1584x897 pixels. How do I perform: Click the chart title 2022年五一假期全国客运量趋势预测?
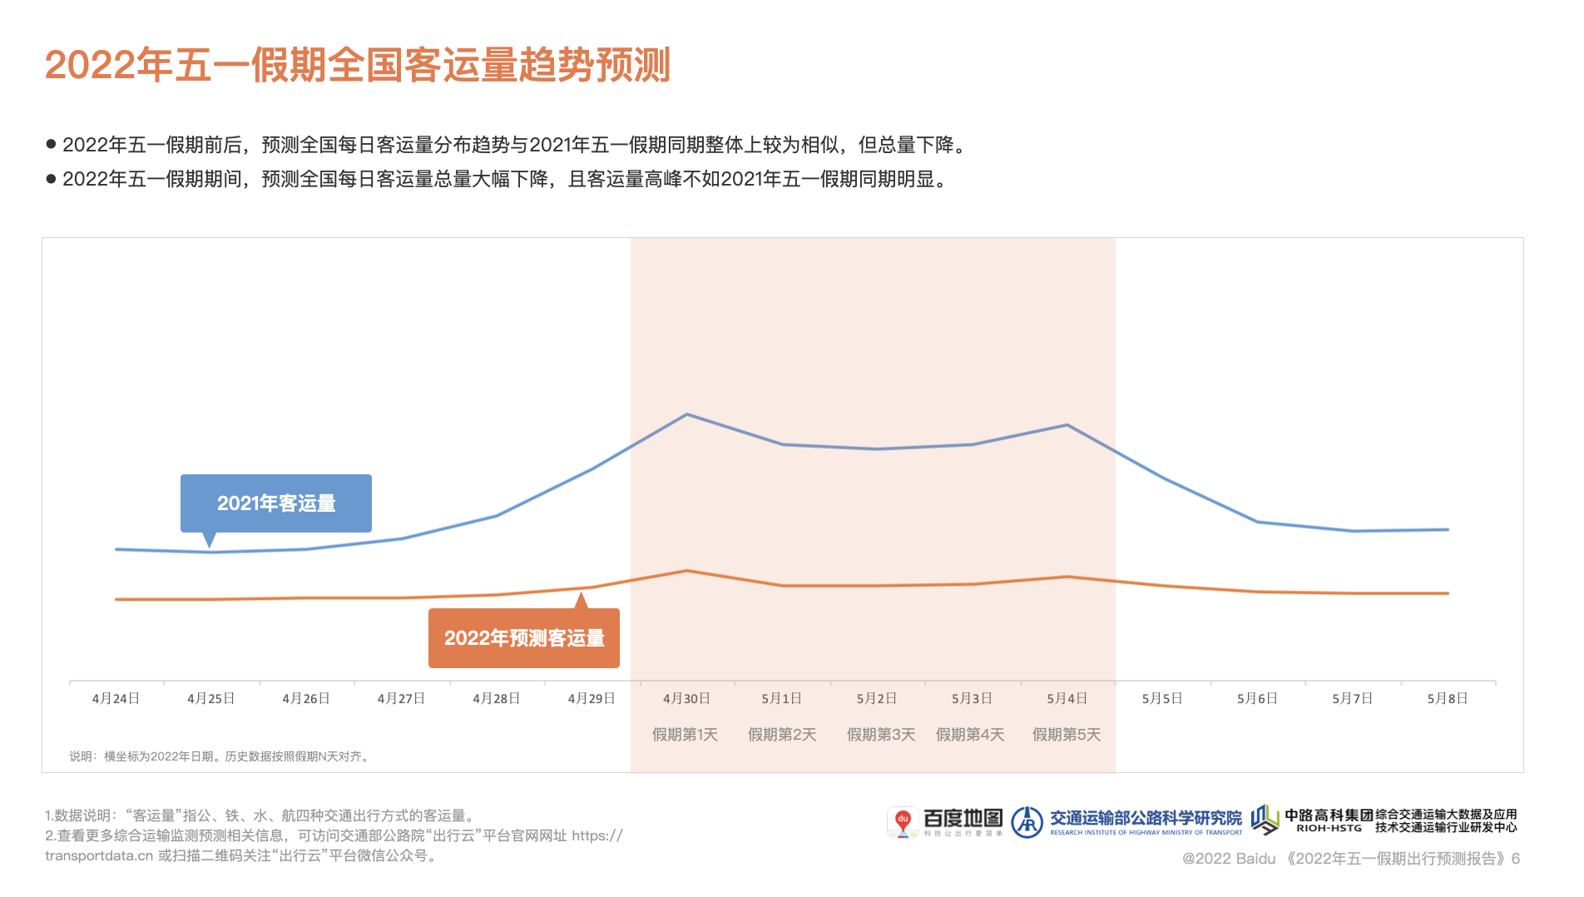[x=357, y=65]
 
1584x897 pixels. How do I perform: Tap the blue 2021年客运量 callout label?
[x=276, y=503]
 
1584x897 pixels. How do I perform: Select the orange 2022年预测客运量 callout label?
[x=524, y=638]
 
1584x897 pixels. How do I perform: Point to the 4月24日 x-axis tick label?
[x=116, y=699]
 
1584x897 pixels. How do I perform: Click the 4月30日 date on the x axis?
[x=686, y=699]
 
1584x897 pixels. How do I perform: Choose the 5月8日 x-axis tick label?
[x=1448, y=699]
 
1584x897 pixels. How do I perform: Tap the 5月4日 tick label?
[x=1067, y=699]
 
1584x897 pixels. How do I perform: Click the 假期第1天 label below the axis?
[x=685, y=735]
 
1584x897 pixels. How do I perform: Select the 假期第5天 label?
[x=1067, y=735]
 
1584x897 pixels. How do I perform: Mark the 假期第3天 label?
[x=881, y=735]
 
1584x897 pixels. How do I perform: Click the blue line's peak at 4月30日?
[x=686, y=414]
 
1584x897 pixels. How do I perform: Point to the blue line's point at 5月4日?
[x=1067, y=425]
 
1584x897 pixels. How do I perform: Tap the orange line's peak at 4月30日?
[x=686, y=571]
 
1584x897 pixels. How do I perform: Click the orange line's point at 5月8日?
[x=1448, y=593]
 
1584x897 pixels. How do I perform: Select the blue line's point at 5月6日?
[x=1257, y=522]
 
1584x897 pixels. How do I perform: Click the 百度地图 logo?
[x=945, y=821]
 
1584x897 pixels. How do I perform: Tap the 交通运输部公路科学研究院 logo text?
[x=1145, y=819]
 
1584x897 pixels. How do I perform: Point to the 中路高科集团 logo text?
[x=1329, y=815]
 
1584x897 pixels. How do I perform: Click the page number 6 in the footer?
[x=1516, y=859]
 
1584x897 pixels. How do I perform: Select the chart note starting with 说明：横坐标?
[x=220, y=756]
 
